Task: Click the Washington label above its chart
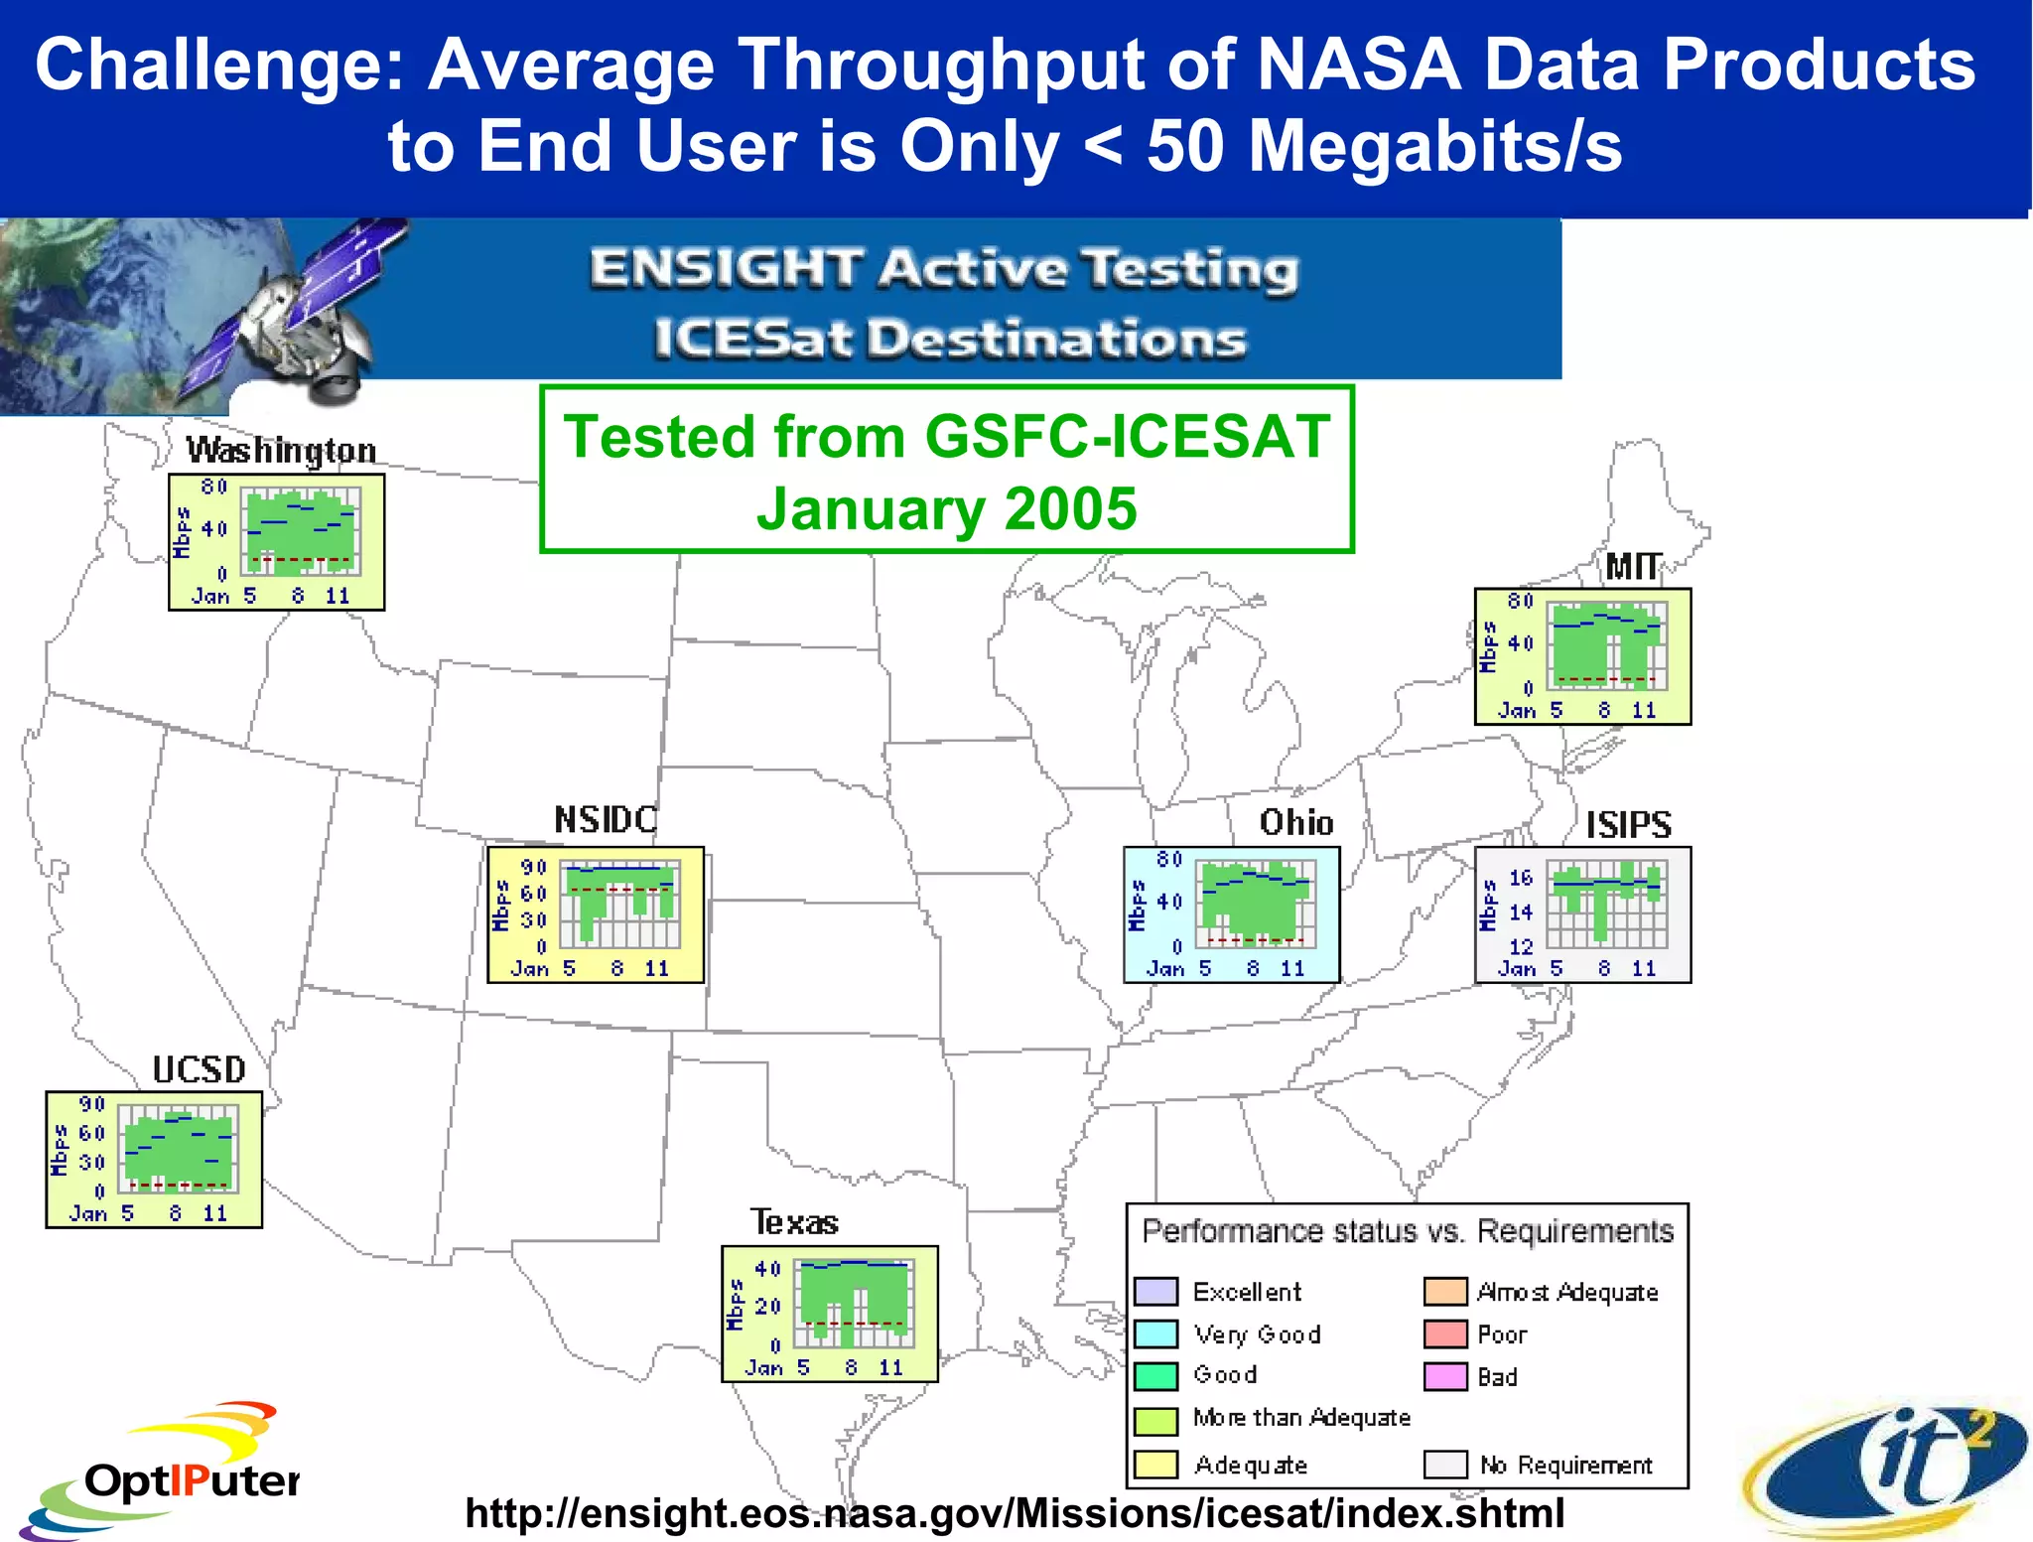tap(281, 451)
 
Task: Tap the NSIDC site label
tap(606, 820)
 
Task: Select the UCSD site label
tap(199, 1069)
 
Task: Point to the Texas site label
tap(794, 1222)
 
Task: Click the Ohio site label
tap(1296, 822)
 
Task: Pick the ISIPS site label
tap(1628, 824)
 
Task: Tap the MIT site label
tap(1633, 567)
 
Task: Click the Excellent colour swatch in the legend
tap(1155, 1291)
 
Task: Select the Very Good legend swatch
tap(1155, 1333)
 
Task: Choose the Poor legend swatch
tap(1445, 1333)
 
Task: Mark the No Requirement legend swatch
tap(1445, 1465)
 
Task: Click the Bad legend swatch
tap(1445, 1376)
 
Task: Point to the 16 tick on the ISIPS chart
tap(1521, 878)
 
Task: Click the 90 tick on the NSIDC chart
tap(534, 867)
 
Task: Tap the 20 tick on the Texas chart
tap(767, 1307)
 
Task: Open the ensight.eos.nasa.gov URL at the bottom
tap(1015, 1513)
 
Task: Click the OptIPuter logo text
tap(192, 1480)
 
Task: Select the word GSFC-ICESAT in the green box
tap(1127, 437)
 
